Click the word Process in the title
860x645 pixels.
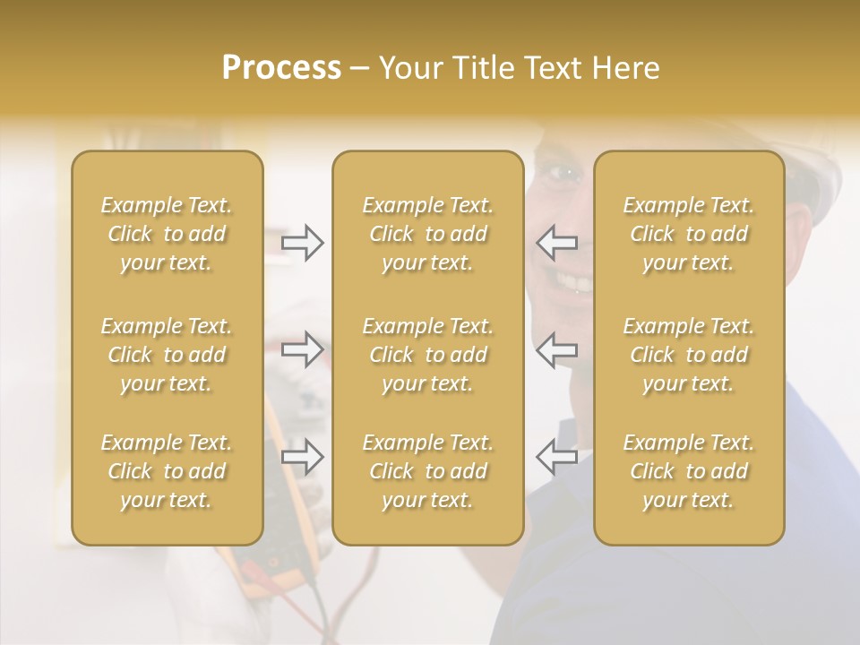click(x=281, y=68)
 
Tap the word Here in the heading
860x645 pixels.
click(x=625, y=68)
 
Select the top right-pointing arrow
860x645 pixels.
click(x=303, y=243)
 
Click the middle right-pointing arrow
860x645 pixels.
click(x=303, y=348)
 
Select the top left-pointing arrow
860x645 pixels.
click(x=556, y=243)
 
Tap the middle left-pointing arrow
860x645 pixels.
click(x=556, y=348)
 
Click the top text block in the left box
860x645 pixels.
click(x=167, y=234)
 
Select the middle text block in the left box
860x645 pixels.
click(x=167, y=355)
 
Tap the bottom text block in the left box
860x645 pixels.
click(x=167, y=471)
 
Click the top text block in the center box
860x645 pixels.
click(x=428, y=234)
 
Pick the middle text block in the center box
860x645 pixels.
click(x=428, y=355)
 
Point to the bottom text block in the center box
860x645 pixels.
click(x=428, y=471)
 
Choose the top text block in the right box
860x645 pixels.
click(x=689, y=234)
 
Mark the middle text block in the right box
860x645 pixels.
click(x=689, y=355)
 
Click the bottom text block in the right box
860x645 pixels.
click(x=689, y=471)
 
